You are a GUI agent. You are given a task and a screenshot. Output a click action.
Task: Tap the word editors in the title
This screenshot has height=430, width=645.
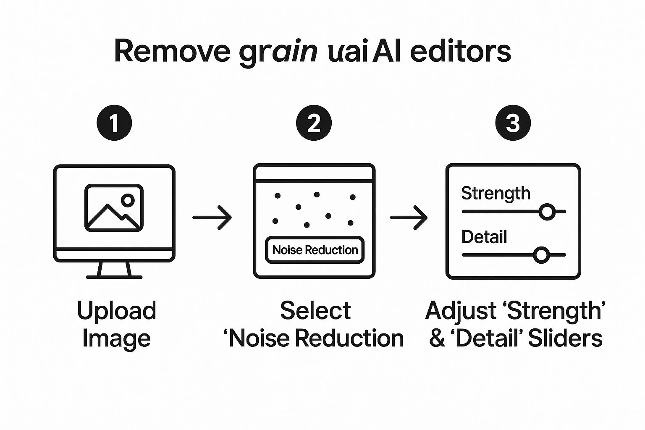460,51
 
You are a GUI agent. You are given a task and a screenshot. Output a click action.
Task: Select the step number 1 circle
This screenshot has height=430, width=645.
114,123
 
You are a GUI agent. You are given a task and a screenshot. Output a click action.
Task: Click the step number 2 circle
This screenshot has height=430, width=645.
314,123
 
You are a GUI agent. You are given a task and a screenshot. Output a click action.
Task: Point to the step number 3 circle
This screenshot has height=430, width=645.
513,123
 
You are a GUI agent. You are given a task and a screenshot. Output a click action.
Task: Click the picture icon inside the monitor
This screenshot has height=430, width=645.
114,208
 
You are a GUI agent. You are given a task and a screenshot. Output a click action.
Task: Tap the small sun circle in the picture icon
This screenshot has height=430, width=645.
128,200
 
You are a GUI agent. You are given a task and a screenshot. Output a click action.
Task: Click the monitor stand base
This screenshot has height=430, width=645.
114,277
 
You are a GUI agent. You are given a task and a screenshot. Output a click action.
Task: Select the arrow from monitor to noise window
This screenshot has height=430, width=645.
212,218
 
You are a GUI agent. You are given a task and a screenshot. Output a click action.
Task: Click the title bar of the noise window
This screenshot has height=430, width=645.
314,173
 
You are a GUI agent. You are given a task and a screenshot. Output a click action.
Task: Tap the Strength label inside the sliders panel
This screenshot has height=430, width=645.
496,193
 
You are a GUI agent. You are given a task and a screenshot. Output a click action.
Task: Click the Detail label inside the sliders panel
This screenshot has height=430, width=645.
484,237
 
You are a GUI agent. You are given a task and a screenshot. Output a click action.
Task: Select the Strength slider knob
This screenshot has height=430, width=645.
547,212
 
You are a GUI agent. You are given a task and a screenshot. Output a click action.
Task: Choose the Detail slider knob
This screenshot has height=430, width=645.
541,255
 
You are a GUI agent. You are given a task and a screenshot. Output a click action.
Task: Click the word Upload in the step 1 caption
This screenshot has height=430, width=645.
116,311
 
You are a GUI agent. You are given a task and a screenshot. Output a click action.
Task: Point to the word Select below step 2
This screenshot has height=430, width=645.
315,311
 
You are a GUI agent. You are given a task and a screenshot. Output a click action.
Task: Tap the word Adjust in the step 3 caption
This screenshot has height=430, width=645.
460,311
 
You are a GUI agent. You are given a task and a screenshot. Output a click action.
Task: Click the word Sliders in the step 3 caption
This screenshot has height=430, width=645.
565,338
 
